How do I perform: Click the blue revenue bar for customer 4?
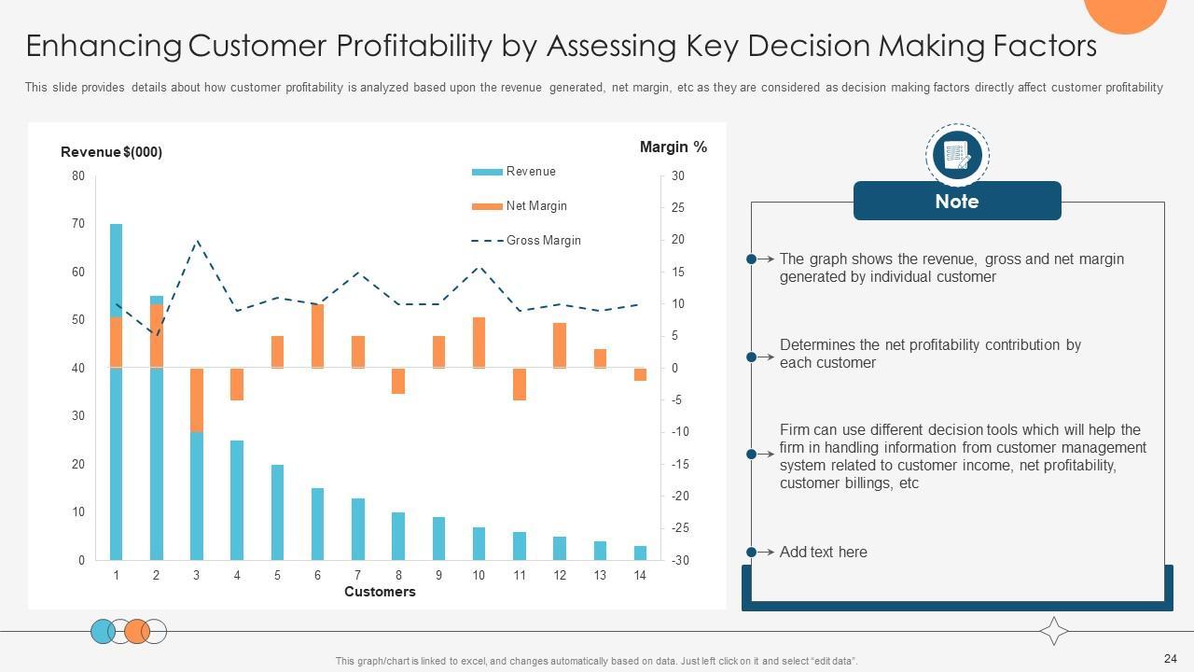(237, 500)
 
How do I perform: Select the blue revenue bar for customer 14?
(640, 553)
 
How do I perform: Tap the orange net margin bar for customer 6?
(317, 336)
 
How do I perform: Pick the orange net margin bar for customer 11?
(520, 384)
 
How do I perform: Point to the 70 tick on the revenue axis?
(77, 224)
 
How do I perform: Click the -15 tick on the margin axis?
(679, 465)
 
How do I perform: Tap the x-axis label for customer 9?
(438, 576)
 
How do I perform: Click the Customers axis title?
(380, 592)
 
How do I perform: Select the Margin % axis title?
(673, 147)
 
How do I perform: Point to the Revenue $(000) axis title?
(111, 152)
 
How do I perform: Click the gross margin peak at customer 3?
(197, 240)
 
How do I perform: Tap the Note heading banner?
(957, 202)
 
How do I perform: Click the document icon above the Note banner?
(957, 155)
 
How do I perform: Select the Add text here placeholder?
(823, 553)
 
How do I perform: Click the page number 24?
(1171, 658)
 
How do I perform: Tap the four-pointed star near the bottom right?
(1054, 632)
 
